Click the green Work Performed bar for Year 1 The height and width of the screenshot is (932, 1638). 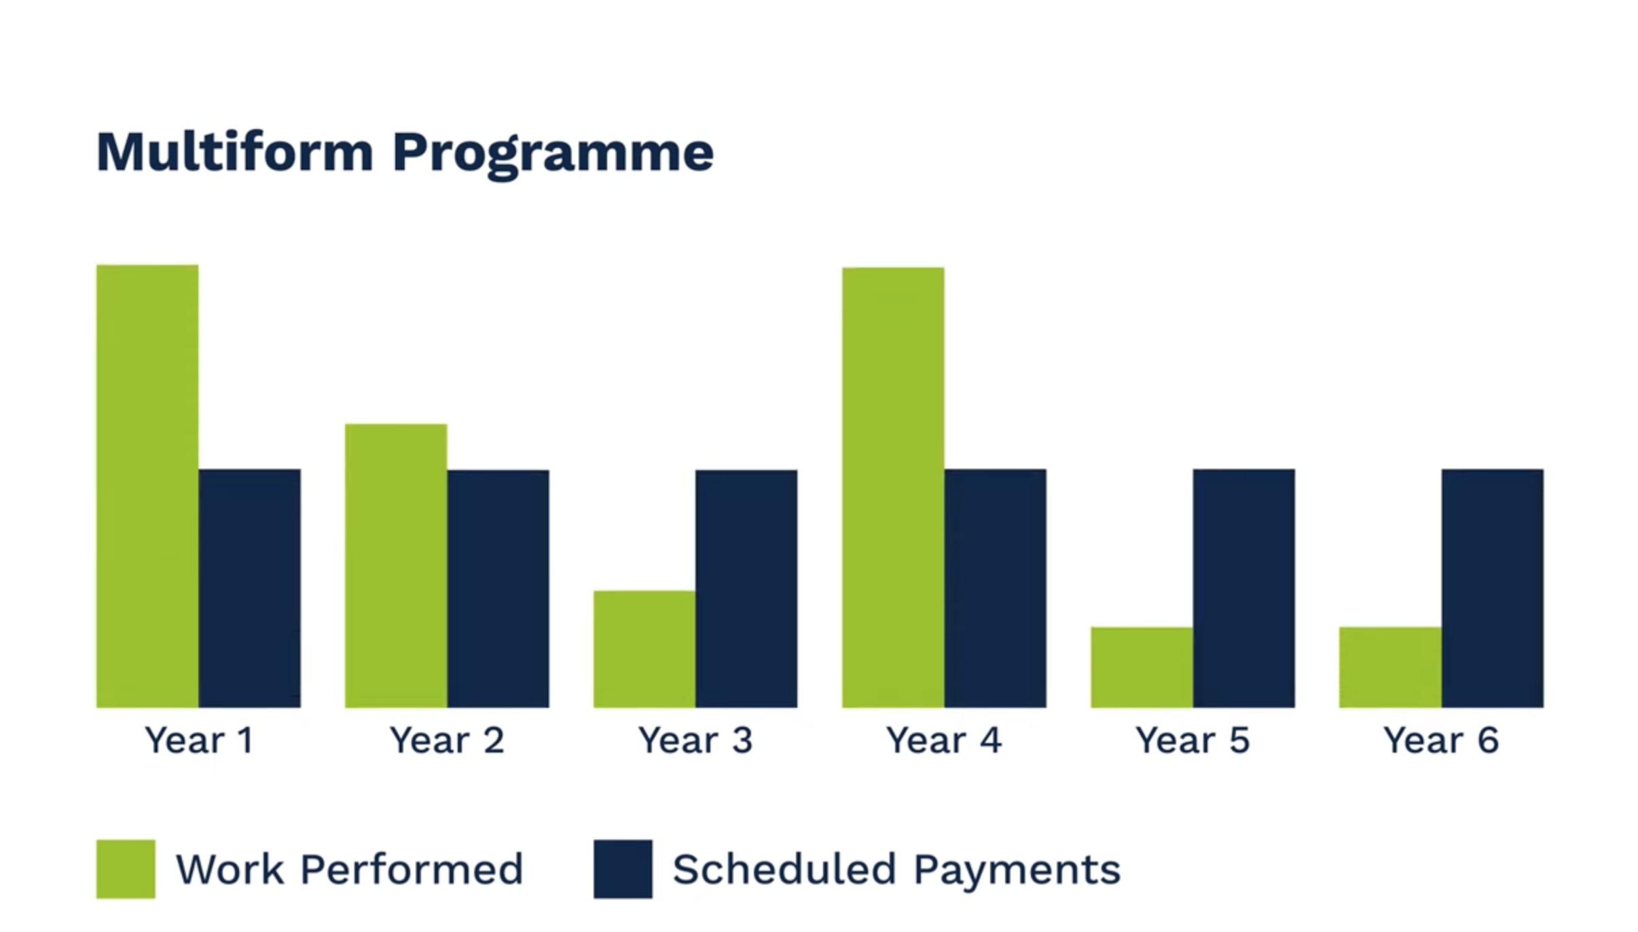pos(147,486)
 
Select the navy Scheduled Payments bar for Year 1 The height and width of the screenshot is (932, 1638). pos(250,588)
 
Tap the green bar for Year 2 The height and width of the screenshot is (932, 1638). pos(396,566)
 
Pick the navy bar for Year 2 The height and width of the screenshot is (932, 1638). pos(498,589)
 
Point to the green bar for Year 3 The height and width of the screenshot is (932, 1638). pos(644,649)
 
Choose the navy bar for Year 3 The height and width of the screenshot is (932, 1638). pos(747,589)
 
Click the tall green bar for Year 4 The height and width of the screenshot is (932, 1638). pos(893,488)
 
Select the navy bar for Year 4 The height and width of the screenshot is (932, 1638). pos(996,588)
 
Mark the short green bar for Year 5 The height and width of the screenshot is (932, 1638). pos(1142,667)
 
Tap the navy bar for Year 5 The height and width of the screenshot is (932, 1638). pos(1244,588)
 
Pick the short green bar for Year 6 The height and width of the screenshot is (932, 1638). pos(1390,667)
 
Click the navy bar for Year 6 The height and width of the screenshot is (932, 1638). pos(1493,588)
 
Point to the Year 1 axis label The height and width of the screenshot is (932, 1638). pos(199,740)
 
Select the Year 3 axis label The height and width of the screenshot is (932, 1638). pos(695,740)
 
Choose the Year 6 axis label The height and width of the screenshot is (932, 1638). pos(1441,740)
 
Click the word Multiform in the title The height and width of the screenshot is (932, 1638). pos(235,151)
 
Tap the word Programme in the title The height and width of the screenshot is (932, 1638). pos(553,155)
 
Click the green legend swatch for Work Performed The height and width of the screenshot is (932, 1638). pos(126,870)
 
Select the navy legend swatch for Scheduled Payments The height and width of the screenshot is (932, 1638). pos(623,870)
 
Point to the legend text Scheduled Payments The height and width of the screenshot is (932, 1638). pos(896,870)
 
